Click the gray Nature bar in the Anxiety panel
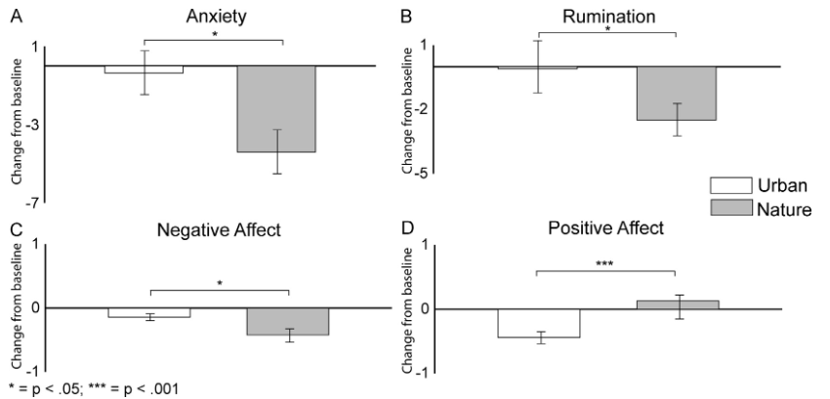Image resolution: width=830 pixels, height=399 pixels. point(276,108)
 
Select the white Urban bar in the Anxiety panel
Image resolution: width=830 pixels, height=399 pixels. point(144,69)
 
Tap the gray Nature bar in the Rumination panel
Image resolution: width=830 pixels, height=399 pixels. point(676,94)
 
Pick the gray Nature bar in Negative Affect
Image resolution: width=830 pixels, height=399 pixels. point(287,321)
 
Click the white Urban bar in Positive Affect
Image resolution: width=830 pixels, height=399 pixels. point(539,323)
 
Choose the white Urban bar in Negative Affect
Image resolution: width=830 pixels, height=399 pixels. point(149,312)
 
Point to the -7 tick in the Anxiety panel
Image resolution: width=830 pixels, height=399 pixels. point(32,202)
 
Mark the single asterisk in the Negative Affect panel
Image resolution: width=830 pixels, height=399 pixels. point(220,284)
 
